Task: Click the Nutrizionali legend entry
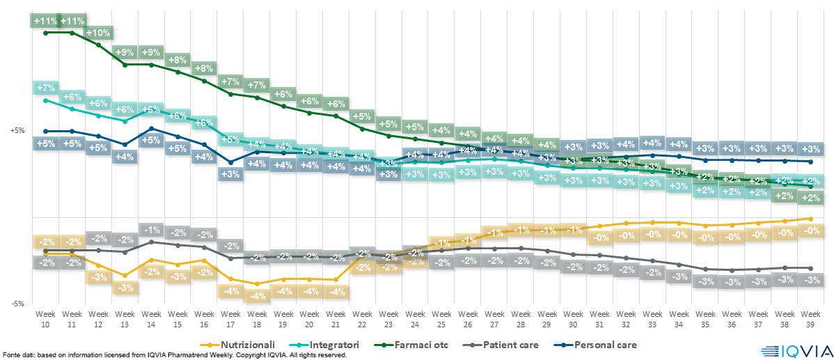[x=244, y=345]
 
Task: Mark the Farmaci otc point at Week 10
[x=46, y=32]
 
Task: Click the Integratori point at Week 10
[x=46, y=100]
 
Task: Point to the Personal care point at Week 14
[x=152, y=128]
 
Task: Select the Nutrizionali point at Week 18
[x=257, y=283]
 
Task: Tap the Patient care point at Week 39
[x=810, y=268]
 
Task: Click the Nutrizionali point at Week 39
[x=810, y=219]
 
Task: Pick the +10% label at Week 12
[x=99, y=33]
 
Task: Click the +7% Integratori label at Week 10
[x=45, y=88]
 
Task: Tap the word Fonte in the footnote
[x=12, y=355]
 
